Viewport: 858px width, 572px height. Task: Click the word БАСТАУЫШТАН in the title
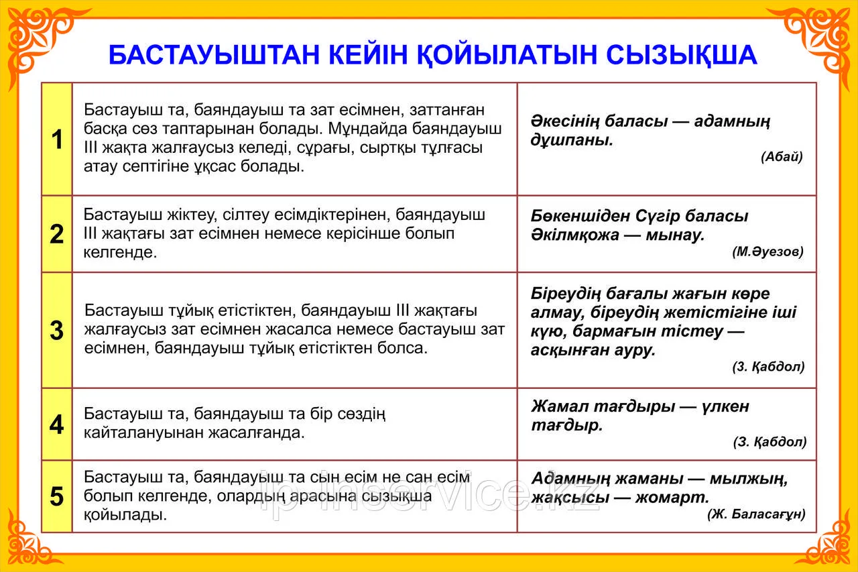point(214,56)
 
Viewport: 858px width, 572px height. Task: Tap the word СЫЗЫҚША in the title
point(682,56)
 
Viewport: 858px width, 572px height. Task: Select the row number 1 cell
point(57,139)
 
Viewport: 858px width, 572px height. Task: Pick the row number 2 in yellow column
point(57,234)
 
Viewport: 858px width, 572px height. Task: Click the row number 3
point(57,330)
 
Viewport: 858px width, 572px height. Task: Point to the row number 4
point(57,424)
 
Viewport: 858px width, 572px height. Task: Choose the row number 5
point(57,496)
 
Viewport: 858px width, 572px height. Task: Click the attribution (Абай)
point(782,156)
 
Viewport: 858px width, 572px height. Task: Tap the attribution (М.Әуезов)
point(768,251)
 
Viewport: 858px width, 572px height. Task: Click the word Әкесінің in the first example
point(565,121)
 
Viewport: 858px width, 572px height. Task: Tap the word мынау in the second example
point(675,235)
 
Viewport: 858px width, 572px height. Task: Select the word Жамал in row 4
point(560,406)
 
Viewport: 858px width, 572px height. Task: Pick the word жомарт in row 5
point(672,498)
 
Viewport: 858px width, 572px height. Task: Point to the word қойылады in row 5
point(125,514)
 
